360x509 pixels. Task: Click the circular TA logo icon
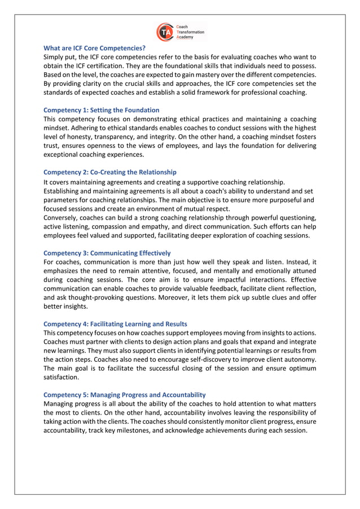(x=165, y=32)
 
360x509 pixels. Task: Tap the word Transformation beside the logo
(x=191, y=32)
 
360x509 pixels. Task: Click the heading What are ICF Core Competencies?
(x=94, y=49)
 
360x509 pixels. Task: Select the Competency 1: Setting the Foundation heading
(x=102, y=110)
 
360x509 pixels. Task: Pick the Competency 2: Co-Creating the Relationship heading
(x=110, y=172)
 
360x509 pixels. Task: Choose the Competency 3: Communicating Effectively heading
(x=107, y=253)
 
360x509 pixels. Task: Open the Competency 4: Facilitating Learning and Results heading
(x=116, y=324)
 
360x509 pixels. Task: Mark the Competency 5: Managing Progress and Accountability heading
(x=125, y=394)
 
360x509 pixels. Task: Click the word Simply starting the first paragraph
(x=55, y=57)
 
